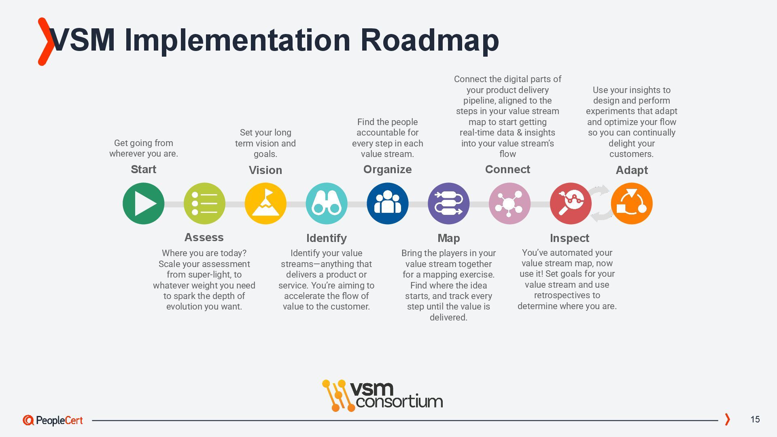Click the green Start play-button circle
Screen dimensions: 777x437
pos(143,204)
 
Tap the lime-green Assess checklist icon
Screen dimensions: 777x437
pos(204,204)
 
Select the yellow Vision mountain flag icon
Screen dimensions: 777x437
pos(265,204)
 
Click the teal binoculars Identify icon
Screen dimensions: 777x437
pos(327,204)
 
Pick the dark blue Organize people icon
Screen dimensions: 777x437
pos(387,204)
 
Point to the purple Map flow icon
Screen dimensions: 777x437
pos(448,204)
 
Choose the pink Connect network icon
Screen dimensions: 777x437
pos(510,204)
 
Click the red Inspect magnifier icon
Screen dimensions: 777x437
pos(571,204)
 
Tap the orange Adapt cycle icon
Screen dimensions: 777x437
pos(632,204)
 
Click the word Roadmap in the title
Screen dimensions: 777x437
pos(429,40)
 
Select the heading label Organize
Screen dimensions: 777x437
pos(387,170)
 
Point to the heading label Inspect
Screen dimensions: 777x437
pos(569,238)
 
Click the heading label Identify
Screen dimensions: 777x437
pos(327,238)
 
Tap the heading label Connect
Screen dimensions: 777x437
pos(507,170)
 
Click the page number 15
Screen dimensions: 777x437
pos(755,420)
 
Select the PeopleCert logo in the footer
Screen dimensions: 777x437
pos(53,420)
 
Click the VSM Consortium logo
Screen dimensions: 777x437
pos(382,395)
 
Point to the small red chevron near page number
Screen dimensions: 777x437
pos(727,420)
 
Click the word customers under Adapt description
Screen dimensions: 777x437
pos(631,154)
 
